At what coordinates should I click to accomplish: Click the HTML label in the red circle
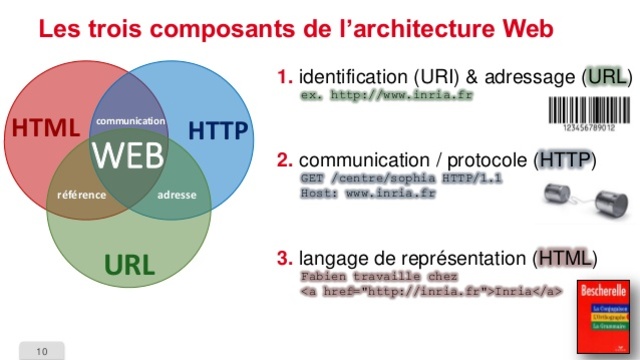coord(45,129)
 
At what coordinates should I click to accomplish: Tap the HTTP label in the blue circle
coord(218,131)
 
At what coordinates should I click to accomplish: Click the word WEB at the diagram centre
coord(128,157)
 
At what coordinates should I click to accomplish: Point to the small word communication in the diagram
coord(130,121)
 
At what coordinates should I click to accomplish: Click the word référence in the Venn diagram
coord(81,194)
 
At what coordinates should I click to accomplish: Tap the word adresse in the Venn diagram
coord(177,194)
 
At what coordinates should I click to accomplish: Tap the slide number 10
coord(41,351)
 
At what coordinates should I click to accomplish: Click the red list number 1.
coord(285,76)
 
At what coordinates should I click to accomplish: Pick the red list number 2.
coord(285,159)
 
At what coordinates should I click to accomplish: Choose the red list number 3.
coord(285,258)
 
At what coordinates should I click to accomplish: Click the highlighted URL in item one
coord(606,76)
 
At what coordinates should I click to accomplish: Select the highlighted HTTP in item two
coord(565,159)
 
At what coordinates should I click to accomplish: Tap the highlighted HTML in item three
coord(566,258)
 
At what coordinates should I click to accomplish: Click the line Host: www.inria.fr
coord(367,192)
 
